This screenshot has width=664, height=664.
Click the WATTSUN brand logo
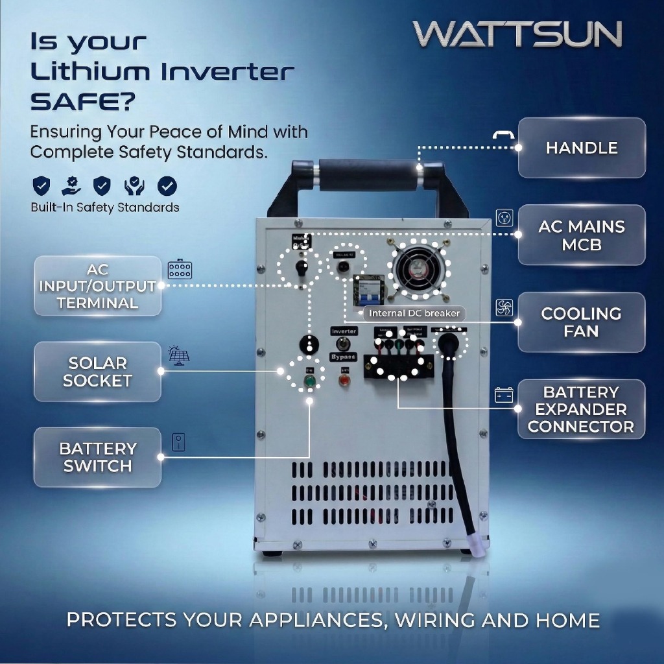click(517, 34)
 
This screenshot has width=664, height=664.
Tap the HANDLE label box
click(582, 148)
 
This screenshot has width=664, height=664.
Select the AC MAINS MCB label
click(582, 235)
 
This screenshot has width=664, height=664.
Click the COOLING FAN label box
click(581, 322)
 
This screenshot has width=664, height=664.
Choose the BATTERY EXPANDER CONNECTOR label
click(581, 409)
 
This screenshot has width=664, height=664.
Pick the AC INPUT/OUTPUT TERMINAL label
click(97, 286)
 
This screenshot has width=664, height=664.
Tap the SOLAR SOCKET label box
click(97, 372)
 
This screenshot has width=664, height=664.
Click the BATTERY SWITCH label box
click(97, 457)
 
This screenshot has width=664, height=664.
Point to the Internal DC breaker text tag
click(414, 313)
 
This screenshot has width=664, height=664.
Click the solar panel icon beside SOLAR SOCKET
click(178, 355)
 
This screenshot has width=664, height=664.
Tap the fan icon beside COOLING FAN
click(504, 307)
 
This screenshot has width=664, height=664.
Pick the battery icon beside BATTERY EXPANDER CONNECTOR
click(504, 394)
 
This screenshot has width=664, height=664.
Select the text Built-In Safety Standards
click(105, 208)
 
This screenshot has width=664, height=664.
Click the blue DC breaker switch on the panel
click(368, 295)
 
